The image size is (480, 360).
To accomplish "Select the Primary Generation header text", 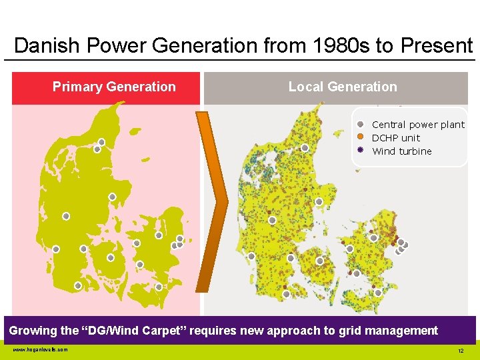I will (114, 87).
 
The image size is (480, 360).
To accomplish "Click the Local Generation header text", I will (342, 87).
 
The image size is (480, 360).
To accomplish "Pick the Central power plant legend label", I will (418, 125).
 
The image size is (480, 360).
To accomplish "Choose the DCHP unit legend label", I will (396, 138).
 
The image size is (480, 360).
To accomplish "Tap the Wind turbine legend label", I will (401, 151).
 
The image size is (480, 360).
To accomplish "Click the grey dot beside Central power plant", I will (360, 124).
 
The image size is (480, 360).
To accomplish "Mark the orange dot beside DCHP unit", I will (360, 137).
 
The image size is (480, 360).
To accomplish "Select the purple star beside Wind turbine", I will (360, 151).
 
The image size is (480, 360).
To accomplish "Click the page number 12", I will (460, 351).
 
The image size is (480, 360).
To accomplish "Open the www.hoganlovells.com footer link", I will (40, 349).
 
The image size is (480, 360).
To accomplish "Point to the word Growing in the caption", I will (33, 331).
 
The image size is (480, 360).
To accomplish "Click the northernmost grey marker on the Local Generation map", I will (305, 148).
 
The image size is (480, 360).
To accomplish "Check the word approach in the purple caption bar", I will (307, 331).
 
